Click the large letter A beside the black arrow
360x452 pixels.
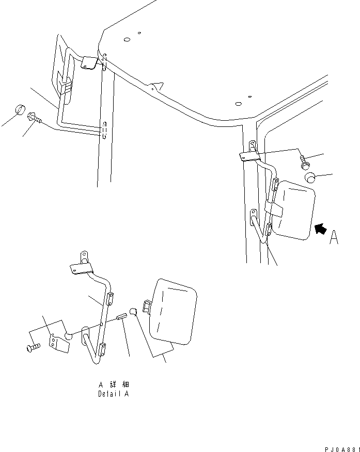(x=334, y=237)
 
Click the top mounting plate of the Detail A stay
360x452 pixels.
(x=81, y=267)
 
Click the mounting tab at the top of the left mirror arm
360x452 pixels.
(x=89, y=62)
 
